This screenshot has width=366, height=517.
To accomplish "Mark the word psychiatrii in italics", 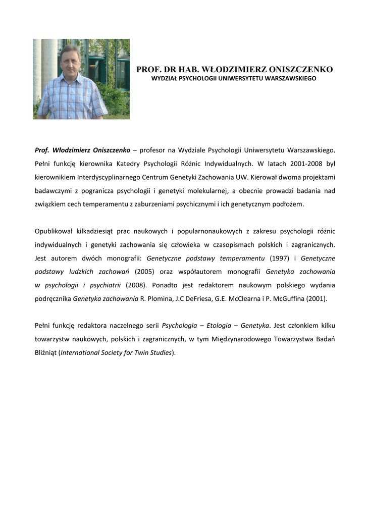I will tap(106, 285).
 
